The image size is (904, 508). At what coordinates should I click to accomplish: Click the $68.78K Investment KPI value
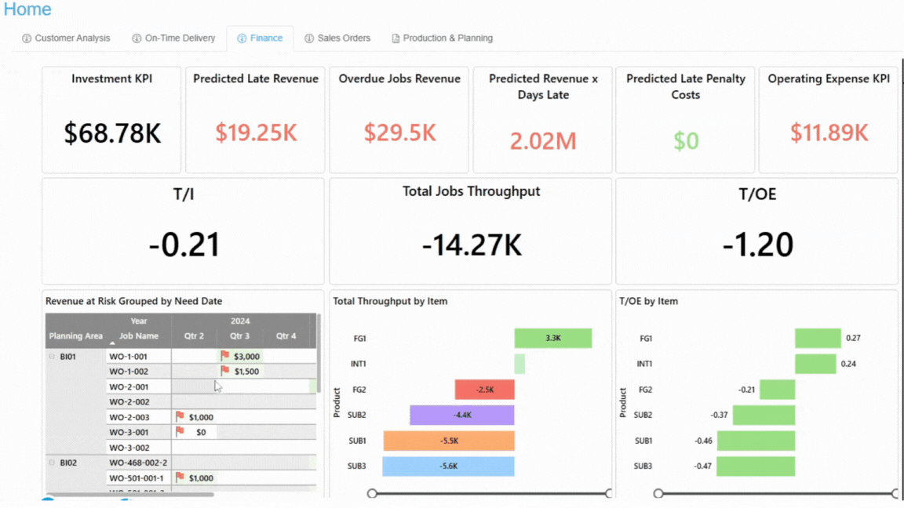(112, 133)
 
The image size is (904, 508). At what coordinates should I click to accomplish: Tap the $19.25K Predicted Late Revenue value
(256, 132)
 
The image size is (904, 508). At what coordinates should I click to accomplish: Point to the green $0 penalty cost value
(686, 140)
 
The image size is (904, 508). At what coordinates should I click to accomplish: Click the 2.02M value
(543, 140)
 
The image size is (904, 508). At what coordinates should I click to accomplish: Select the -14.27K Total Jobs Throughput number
(472, 245)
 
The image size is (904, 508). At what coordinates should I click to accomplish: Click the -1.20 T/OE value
(757, 245)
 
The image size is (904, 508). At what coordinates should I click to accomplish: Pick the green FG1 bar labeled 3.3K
(552, 338)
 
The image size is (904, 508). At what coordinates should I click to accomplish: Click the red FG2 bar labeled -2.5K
(484, 390)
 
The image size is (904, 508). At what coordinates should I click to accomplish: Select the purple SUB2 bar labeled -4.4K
(461, 415)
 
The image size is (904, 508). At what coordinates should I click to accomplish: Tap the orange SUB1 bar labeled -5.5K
(449, 441)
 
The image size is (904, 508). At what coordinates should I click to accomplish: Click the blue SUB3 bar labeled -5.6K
(448, 466)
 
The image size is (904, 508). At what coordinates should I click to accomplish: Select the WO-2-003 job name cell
(129, 417)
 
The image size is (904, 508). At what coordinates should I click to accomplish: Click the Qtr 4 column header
(286, 336)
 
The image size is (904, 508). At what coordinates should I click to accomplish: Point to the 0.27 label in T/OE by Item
(853, 338)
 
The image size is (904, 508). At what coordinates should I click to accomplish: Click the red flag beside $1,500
(225, 371)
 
